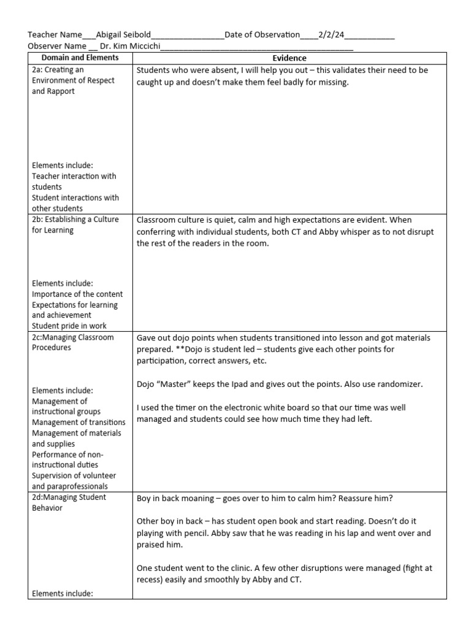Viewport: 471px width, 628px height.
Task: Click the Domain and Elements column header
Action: tap(80, 58)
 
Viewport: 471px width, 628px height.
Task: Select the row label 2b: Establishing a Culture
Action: tap(75, 219)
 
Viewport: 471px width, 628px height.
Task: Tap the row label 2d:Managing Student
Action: tap(69, 497)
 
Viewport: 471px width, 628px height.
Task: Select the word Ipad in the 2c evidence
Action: tap(267, 384)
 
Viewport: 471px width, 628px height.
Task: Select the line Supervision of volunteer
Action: tap(74, 475)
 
